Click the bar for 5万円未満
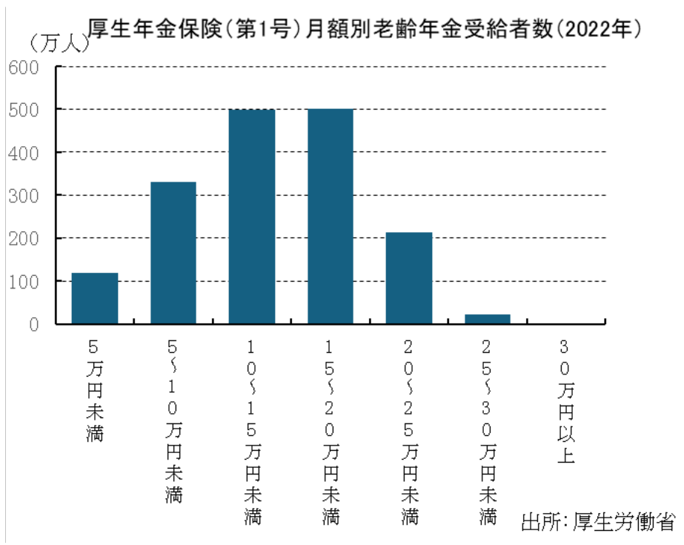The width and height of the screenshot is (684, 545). pyautogui.click(x=95, y=298)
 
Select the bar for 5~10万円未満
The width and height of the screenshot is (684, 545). pyautogui.click(x=173, y=252)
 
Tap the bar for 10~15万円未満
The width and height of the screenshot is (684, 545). pyautogui.click(x=252, y=216)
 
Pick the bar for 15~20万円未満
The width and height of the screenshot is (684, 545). pyautogui.click(x=331, y=216)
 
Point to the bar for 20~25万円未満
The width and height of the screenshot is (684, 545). pyautogui.click(x=409, y=278)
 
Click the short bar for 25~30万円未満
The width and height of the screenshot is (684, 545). pyautogui.click(x=488, y=319)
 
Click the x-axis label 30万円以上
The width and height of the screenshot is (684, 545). pyautogui.click(x=566, y=400)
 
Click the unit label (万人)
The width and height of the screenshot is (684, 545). pyautogui.click(x=58, y=43)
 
